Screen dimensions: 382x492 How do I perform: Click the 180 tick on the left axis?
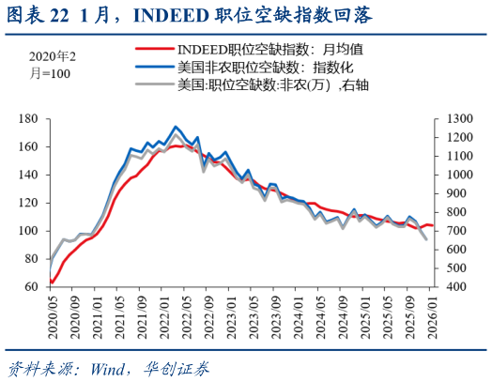pos(28,119)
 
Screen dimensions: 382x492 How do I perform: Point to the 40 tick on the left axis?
pos(31,287)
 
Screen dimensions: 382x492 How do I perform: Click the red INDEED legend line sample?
pos(154,48)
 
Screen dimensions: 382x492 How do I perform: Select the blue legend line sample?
pos(154,67)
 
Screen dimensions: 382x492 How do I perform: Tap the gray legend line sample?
pos(154,84)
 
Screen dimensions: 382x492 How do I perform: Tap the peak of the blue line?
pos(176,126)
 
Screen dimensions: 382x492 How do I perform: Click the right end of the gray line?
pos(427,240)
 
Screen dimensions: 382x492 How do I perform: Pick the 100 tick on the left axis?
pos(28,231)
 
